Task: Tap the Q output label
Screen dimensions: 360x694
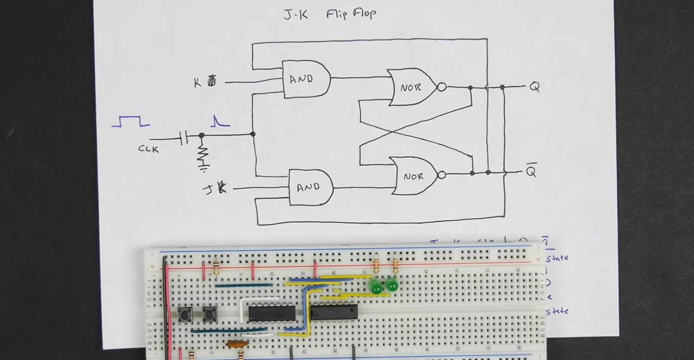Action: pyautogui.click(x=534, y=87)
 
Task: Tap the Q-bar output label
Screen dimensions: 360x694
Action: pyautogui.click(x=531, y=170)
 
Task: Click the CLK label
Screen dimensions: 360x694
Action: pyautogui.click(x=148, y=149)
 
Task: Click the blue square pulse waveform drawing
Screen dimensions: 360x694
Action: pyautogui.click(x=131, y=121)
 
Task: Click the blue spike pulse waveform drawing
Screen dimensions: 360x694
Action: pyautogui.click(x=219, y=121)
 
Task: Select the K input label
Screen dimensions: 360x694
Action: pyautogui.click(x=198, y=82)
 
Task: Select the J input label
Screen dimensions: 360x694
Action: pyautogui.click(x=209, y=190)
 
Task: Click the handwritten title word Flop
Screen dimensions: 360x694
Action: pyautogui.click(x=364, y=14)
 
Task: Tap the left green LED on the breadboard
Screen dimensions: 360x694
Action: pyautogui.click(x=375, y=287)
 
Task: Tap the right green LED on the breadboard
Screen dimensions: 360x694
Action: pyautogui.click(x=392, y=285)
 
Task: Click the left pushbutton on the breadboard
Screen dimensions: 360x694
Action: pyautogui.click(x=185, y=314)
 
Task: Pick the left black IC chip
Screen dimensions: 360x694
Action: pyautogui.click(x=272, y=313)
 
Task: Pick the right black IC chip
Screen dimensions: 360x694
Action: pyautogui.click(x=334, y=312)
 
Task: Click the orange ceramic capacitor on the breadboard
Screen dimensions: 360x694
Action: pyautogui.click(x=237, y=344)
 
